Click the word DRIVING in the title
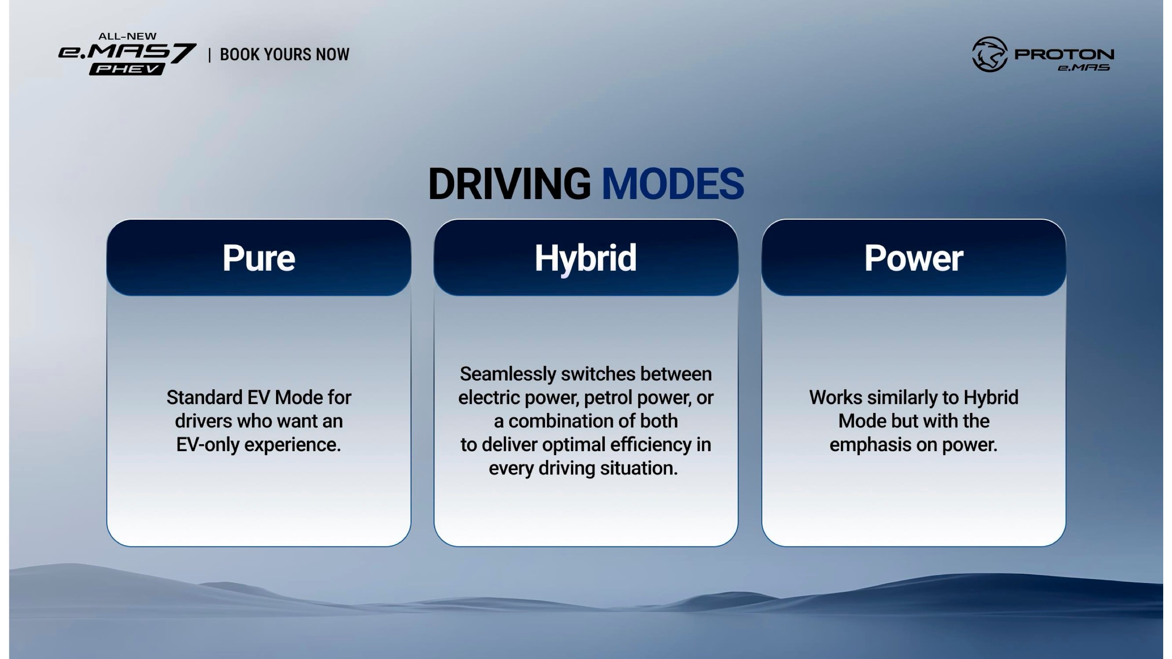[x=509, y=184]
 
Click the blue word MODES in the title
[x=673, y=184]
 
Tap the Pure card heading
[x=258, y=258]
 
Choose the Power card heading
[x=914, y=258]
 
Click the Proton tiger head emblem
[x=990, y=54]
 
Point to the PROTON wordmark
[x=1064, y=54]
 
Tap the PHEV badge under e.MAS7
[x=127, y=69]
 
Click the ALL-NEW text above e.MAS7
[x=127, y=36]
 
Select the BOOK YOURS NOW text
[x=285, y=54]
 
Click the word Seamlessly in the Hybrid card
[x=508, y=374]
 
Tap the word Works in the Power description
[x=836, y=398]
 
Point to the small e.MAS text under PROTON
[x=1084, y=68]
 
